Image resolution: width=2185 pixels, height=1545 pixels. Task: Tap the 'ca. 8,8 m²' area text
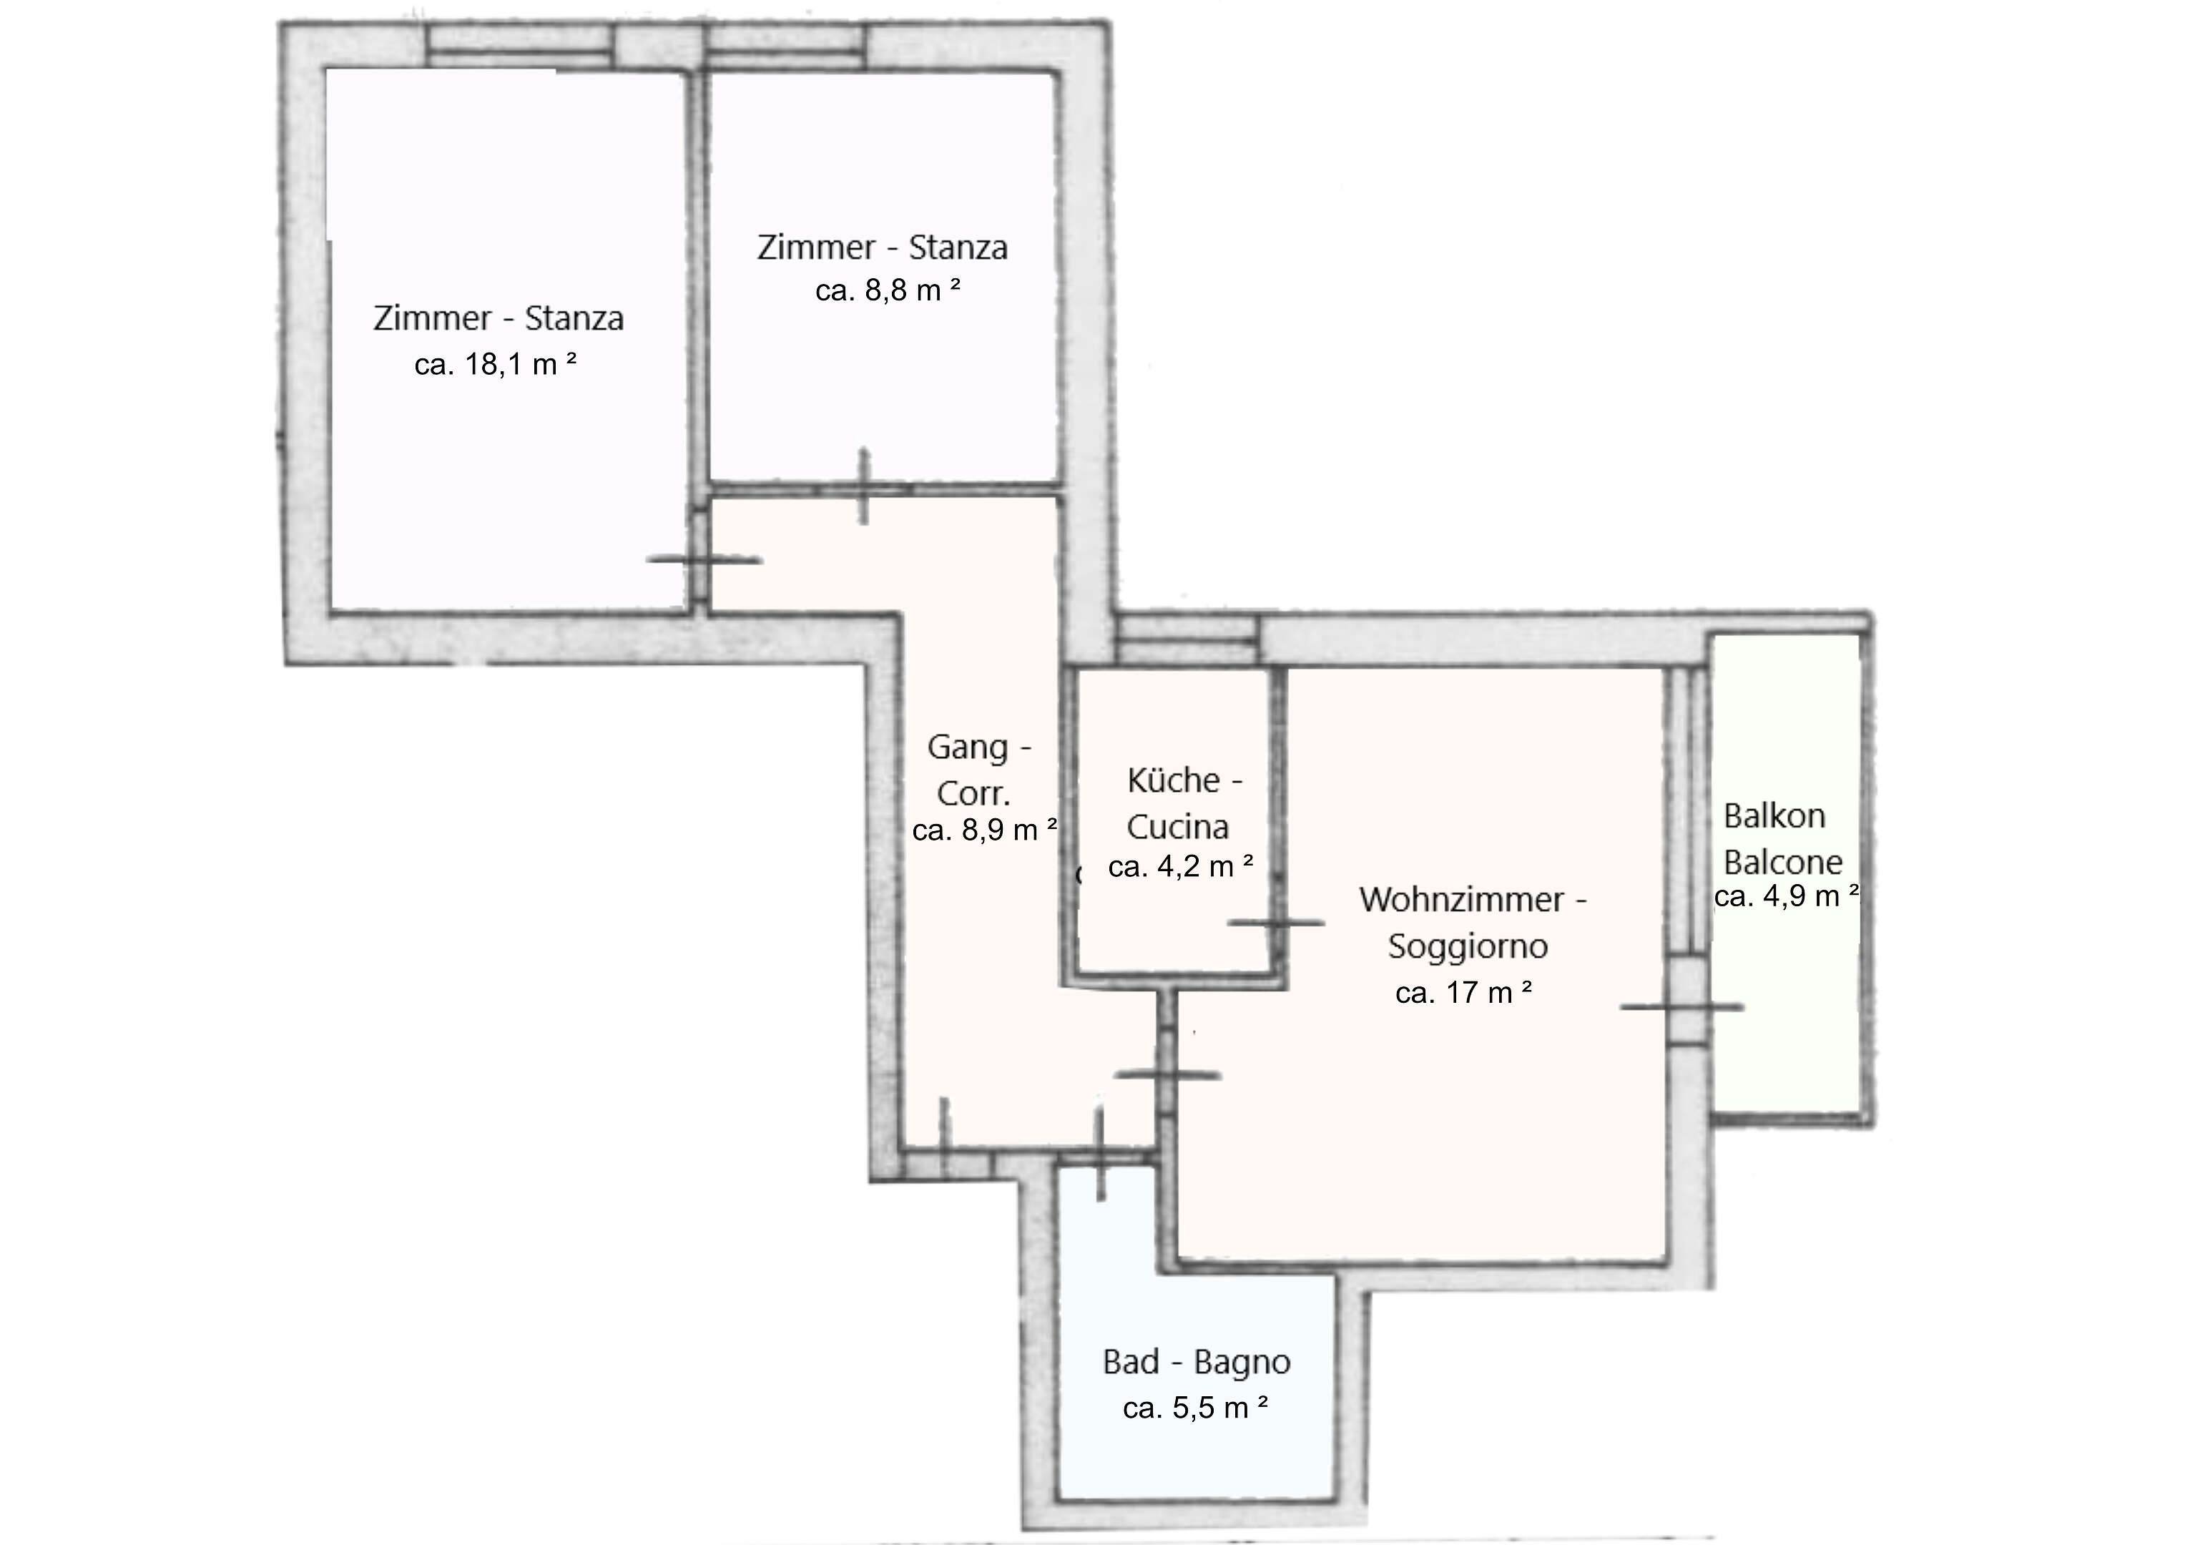coord(888,290)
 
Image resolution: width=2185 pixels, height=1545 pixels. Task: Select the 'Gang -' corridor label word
coord(979,747)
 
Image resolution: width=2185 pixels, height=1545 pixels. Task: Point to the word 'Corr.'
coord(973,793)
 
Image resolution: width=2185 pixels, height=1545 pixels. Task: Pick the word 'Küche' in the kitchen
coord(1174,780)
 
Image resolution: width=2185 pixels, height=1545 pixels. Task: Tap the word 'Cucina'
coord(1178,828)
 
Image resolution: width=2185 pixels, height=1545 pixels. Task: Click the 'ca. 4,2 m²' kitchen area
coord(1181,865)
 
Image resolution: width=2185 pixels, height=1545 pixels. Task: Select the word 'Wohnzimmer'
coord(1462,900)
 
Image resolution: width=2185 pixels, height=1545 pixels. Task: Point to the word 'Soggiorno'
coord(1468,946)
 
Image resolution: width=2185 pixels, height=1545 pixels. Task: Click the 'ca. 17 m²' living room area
coord(1463,992)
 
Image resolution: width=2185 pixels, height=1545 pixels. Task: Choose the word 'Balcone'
coord(1782,863)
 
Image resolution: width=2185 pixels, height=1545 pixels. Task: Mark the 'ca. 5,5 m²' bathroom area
coord(1195,1407)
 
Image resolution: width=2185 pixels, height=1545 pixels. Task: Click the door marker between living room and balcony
coord(1682,1006)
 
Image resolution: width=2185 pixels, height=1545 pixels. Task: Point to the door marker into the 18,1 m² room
coord(704,560)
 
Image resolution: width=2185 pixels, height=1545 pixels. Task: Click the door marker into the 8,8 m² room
coord(864,486)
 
